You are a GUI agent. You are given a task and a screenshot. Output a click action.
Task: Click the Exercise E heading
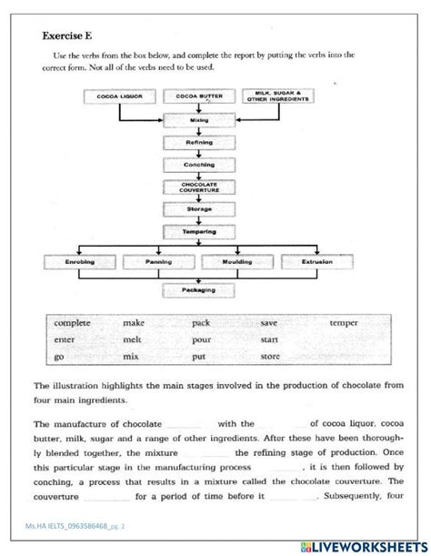[72, 36]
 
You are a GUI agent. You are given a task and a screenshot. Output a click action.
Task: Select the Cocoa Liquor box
[120, 96]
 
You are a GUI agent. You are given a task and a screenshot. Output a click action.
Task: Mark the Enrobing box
[81, 262]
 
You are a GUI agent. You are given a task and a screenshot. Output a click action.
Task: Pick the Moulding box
[237, 262]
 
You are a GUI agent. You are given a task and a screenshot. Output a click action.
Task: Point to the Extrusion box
[317, 262]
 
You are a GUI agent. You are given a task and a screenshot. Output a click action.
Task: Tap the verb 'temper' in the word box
[344, 323]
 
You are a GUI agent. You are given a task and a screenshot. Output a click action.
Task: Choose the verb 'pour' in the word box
[201, 337]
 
